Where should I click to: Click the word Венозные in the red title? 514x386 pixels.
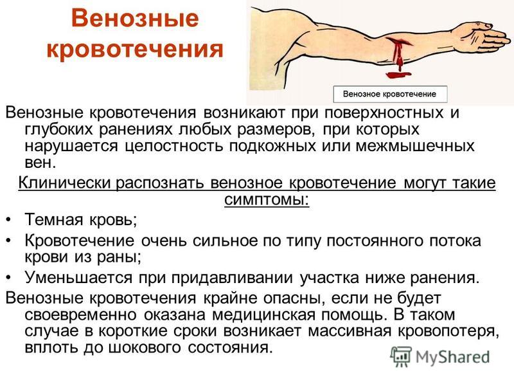(135, 18)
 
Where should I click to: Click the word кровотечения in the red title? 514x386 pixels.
(135, 50)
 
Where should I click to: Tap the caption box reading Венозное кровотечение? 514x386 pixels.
(390, 94)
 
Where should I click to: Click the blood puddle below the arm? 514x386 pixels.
(398, 75)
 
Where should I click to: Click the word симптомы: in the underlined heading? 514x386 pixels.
(267, 199)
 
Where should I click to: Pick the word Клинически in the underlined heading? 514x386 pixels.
(65, 183)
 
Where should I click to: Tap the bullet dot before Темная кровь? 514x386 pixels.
(9, 219)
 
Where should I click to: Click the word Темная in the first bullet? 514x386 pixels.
(54, 219)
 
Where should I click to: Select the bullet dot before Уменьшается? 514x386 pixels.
(9, 278)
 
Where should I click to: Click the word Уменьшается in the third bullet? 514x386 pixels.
(78, 278)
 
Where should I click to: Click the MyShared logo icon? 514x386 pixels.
(400, 356)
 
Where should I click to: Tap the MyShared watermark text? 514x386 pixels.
(452, 357)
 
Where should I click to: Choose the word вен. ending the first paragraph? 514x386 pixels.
(40, 163)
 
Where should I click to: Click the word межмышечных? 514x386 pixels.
(415, 146)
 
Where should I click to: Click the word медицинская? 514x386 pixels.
(264, 315)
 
